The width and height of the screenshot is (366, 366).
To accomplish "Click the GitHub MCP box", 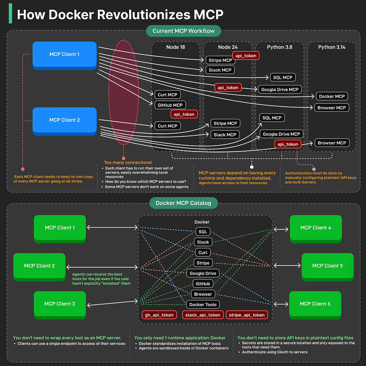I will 170,105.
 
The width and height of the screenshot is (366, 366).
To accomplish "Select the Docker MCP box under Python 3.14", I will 332,96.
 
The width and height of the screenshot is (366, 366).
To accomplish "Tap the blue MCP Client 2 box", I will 65,120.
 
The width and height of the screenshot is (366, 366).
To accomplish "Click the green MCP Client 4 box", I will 316,228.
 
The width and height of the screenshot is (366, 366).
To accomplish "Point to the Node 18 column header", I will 176,47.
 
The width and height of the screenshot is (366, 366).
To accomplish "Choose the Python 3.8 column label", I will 279,47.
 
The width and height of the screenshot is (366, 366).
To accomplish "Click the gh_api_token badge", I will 159,315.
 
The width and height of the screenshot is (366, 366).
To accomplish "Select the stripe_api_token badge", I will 247,315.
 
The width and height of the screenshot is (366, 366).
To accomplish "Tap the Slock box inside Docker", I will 203,242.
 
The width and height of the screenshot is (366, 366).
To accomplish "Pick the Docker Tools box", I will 203,305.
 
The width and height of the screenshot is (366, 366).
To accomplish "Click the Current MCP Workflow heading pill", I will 184,31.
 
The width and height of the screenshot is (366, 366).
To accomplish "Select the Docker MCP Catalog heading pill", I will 183,203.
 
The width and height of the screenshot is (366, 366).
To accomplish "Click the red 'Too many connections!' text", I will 128,163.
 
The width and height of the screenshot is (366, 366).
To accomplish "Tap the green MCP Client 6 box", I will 315,304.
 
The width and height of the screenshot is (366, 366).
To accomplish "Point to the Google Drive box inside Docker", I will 203,274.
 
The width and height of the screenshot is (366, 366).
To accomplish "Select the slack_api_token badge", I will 203,315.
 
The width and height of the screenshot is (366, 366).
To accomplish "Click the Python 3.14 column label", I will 332,47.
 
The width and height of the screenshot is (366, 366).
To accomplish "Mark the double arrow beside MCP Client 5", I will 287,266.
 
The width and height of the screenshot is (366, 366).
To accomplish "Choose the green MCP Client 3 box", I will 60,304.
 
